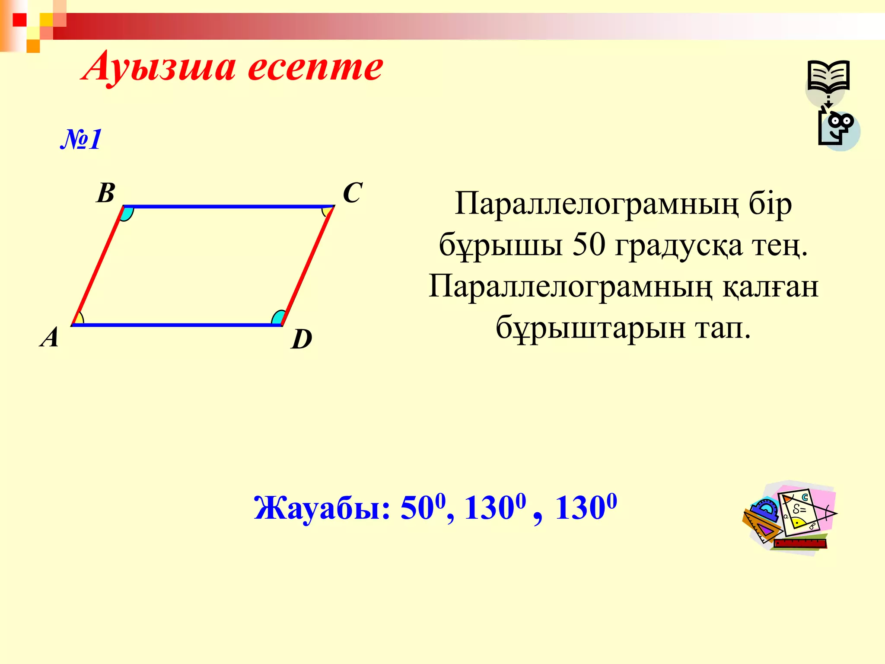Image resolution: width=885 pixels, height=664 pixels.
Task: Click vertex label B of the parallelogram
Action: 106,193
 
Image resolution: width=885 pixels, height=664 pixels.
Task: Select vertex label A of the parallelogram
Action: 50,337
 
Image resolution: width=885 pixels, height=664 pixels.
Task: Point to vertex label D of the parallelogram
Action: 302,339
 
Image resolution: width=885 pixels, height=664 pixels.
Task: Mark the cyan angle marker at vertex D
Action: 278,318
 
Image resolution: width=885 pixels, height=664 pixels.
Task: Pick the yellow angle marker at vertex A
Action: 79,319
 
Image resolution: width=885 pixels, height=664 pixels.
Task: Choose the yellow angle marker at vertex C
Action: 328,211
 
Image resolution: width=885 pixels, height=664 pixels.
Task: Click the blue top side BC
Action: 229,207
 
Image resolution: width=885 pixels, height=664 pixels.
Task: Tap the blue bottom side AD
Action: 177,325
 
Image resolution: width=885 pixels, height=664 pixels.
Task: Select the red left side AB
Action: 98,265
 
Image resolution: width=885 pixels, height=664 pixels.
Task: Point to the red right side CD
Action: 308,265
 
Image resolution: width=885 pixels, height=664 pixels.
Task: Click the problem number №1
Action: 81,139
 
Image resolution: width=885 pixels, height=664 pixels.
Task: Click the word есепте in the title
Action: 315,67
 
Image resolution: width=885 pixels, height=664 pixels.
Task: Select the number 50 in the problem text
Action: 589,245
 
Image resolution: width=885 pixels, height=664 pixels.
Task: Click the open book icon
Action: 828,76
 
